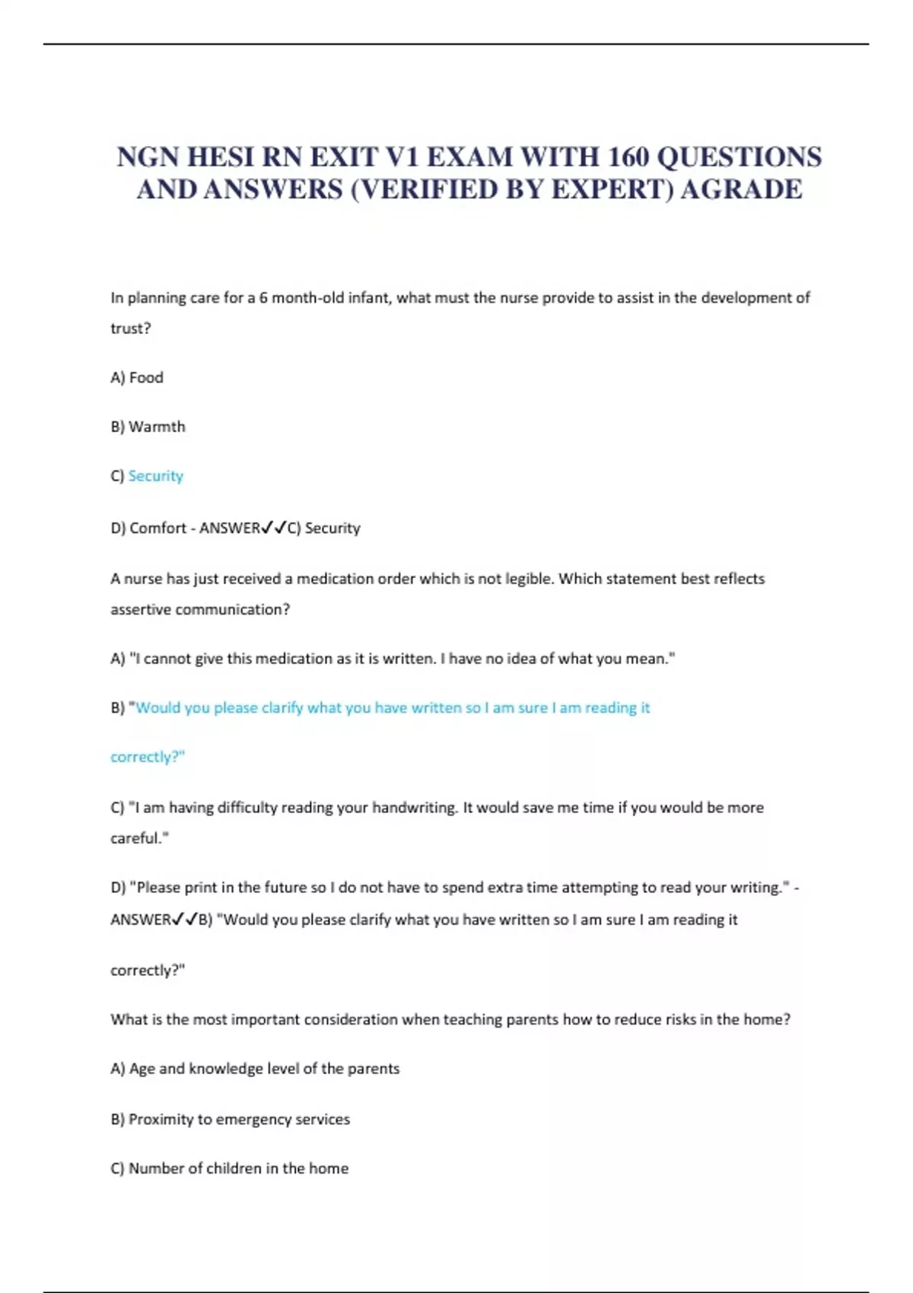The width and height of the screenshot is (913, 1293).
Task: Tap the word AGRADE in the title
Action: point(741,189)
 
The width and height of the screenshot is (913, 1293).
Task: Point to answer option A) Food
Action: point(137,377)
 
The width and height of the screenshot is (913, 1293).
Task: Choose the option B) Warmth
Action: point(148,427)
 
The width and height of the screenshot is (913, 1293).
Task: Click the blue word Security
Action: point(156,476)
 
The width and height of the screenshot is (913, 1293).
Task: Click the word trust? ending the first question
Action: point(131,329)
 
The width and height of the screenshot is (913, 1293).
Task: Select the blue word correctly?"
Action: point(148,757)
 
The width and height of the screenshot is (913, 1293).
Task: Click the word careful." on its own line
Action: point(139,838)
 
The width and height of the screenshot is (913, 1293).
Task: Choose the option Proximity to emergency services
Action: point(239,1120)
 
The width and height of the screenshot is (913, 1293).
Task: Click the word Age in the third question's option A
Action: point(142,1069)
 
